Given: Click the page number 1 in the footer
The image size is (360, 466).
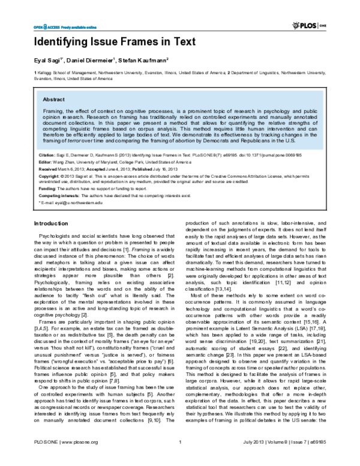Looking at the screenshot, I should (x=180, y=459).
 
